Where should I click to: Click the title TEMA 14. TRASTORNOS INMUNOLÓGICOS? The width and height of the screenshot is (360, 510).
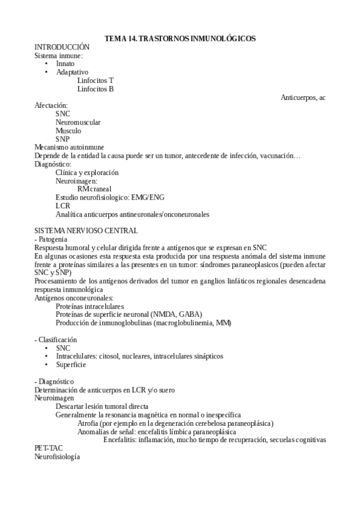tap(180, 38)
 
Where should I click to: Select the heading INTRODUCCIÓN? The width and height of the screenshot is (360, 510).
tap(62, 47)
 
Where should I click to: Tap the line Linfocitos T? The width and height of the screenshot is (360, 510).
tap(96, 81)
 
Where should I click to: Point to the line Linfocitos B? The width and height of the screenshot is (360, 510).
tap(96, 89)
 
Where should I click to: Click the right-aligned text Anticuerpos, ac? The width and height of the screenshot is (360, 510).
tap(303, 97)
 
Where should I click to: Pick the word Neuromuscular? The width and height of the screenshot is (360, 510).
tap(78, 122)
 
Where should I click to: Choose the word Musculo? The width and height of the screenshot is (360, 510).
tap(69, 131)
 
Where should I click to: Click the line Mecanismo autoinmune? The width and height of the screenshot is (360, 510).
tap(69, 147)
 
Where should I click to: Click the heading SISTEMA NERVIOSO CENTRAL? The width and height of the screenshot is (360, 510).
tap(86, 230)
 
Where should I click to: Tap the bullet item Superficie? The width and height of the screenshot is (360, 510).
tap(71, 364)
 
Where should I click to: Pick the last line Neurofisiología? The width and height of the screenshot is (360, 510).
tap(57, 456)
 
